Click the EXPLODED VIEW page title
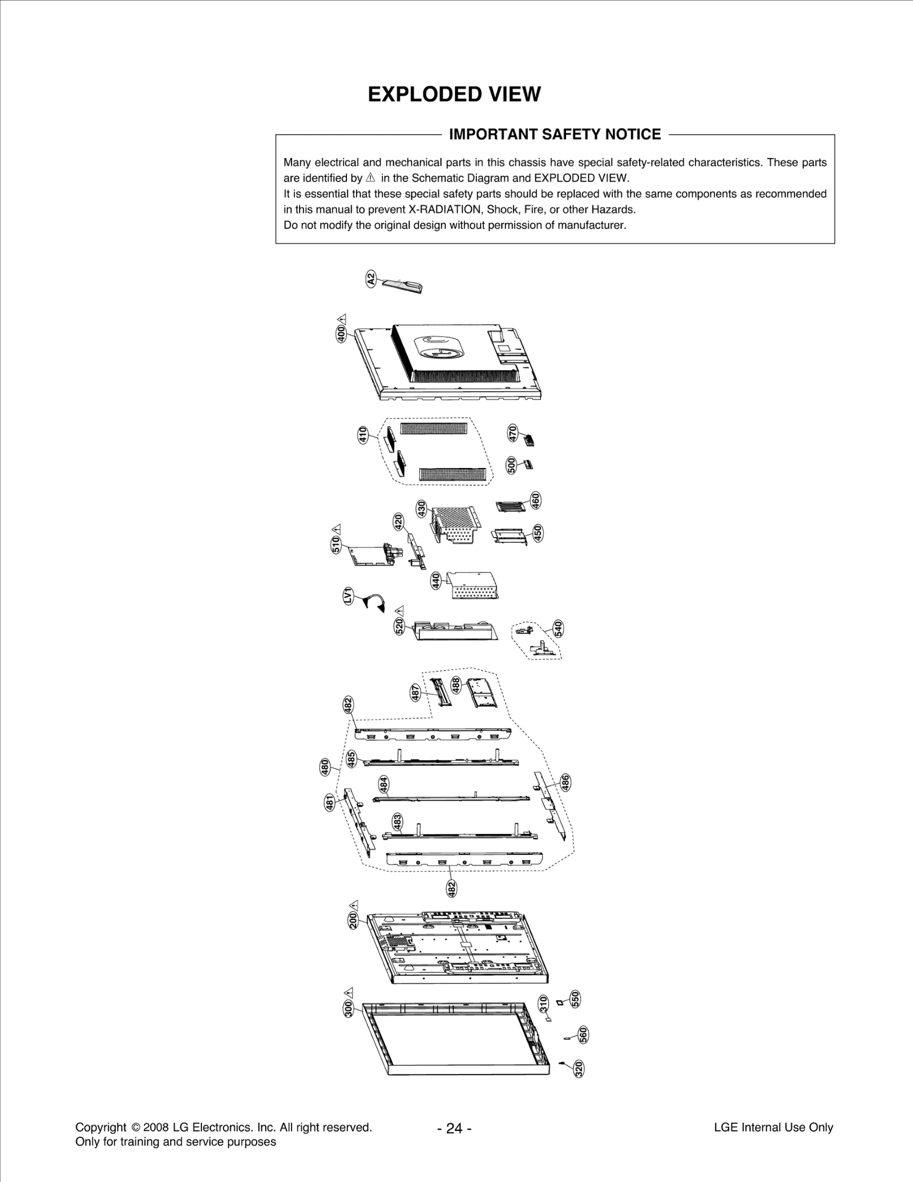click(x=454, y=94)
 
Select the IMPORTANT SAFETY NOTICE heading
click(x=555, y=134)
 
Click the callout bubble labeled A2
click(x=371, y=280)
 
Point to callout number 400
click(x=341, y=334)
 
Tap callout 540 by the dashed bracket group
click(x=558, y=628)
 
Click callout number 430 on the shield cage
click(x=421, y=508)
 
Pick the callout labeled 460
click(x=535, y=501)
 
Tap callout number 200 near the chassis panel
click(x=353, y=920)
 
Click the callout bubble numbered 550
click(x=575, y=998)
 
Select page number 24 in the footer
click(x=454, y=1128)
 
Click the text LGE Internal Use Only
click(x=773, y=1127)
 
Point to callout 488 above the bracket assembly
click(x=456, y=685)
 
